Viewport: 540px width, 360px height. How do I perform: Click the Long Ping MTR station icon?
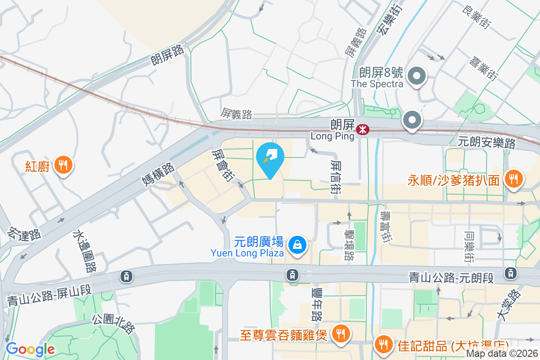pyautogui.click(x=362, y=130)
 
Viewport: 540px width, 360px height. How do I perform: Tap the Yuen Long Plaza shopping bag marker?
pyautogui.click(x=297, y=245)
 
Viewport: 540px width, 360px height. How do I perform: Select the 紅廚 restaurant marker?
pyautogui.click(x=63, y=165)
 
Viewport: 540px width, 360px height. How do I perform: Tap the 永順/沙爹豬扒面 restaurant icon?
pyautogui.click(x=513, y=179)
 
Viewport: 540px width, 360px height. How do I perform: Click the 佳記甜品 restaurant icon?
pyautogui.click(x=383, y=345)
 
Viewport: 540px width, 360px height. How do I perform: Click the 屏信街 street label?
pyautogui.click(x=336, y=176)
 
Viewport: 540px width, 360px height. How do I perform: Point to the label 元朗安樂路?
pyautogui.click(x=486, y=142)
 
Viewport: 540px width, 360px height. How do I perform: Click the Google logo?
pyautogui.click(x=30, y=349)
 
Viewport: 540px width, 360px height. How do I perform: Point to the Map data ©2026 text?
pyautogui.click(x=502, y=354)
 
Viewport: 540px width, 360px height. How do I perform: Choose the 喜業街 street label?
pyautogui.click(x=483, y=68)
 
